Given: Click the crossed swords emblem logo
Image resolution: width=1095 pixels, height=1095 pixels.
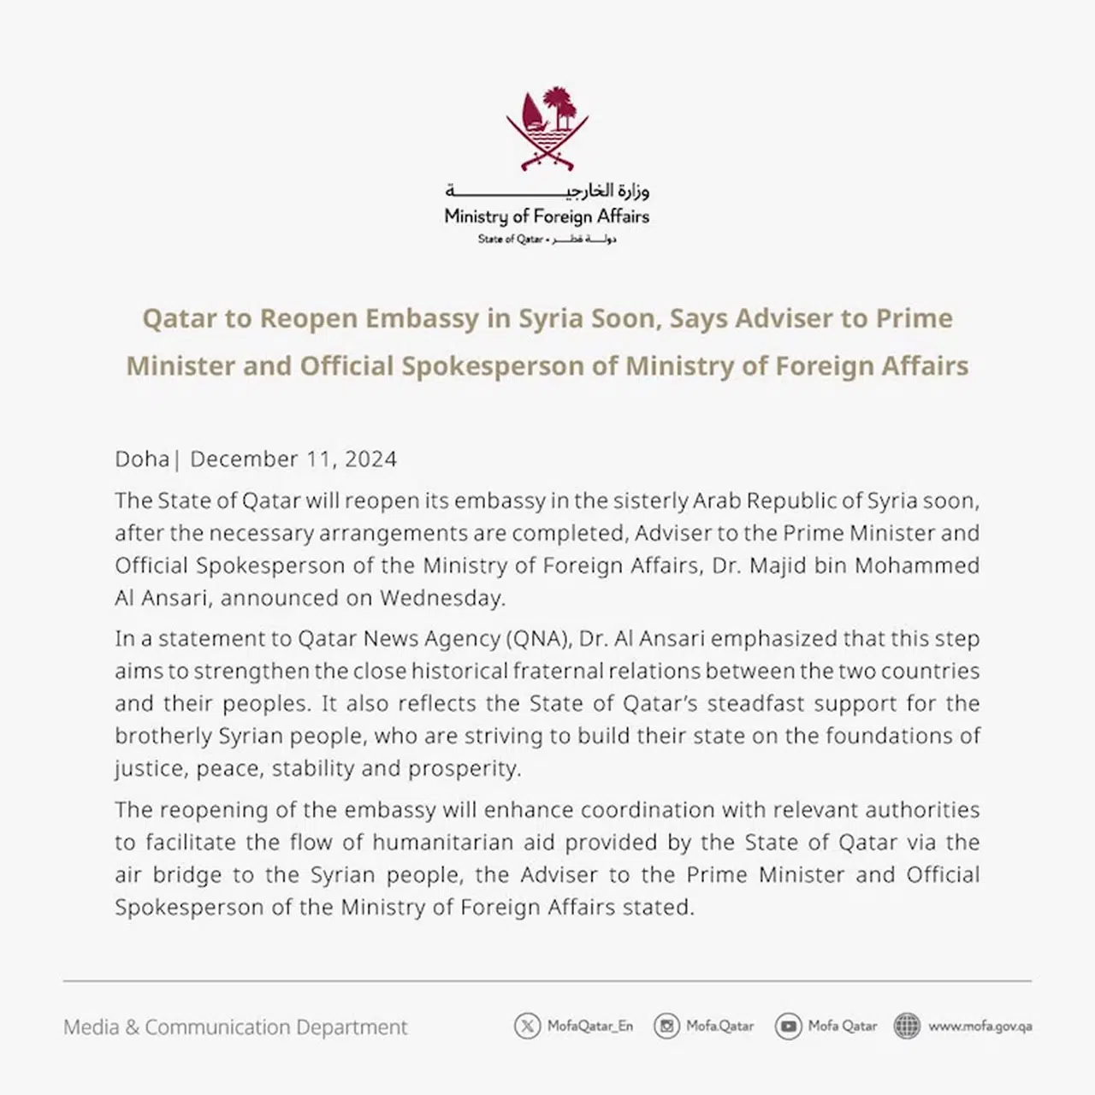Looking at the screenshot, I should [547, 128].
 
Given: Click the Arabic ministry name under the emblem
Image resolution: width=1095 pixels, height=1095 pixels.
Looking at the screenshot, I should [547, 190].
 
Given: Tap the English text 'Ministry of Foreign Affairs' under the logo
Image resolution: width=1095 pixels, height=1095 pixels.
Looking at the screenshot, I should [547, 216].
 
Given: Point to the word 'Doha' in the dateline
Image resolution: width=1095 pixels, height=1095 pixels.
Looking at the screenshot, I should [142, 459].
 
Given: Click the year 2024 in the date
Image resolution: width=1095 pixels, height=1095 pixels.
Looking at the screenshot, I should [370, 459].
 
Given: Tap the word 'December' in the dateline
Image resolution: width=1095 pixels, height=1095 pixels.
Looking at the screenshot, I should [243, 459].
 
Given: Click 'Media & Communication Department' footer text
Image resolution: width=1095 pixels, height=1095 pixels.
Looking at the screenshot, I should [235, 1027].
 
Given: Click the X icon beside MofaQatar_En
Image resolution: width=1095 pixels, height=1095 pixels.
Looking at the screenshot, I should [527, 1026].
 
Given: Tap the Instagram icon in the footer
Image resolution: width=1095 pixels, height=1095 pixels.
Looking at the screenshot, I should [666, 1026].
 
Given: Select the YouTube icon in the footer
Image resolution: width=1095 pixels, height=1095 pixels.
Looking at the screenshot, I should [788, 1026].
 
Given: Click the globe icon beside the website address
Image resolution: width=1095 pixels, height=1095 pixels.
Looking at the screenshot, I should [907, 1026].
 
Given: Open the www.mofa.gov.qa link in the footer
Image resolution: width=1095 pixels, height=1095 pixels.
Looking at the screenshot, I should [980, 1026].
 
